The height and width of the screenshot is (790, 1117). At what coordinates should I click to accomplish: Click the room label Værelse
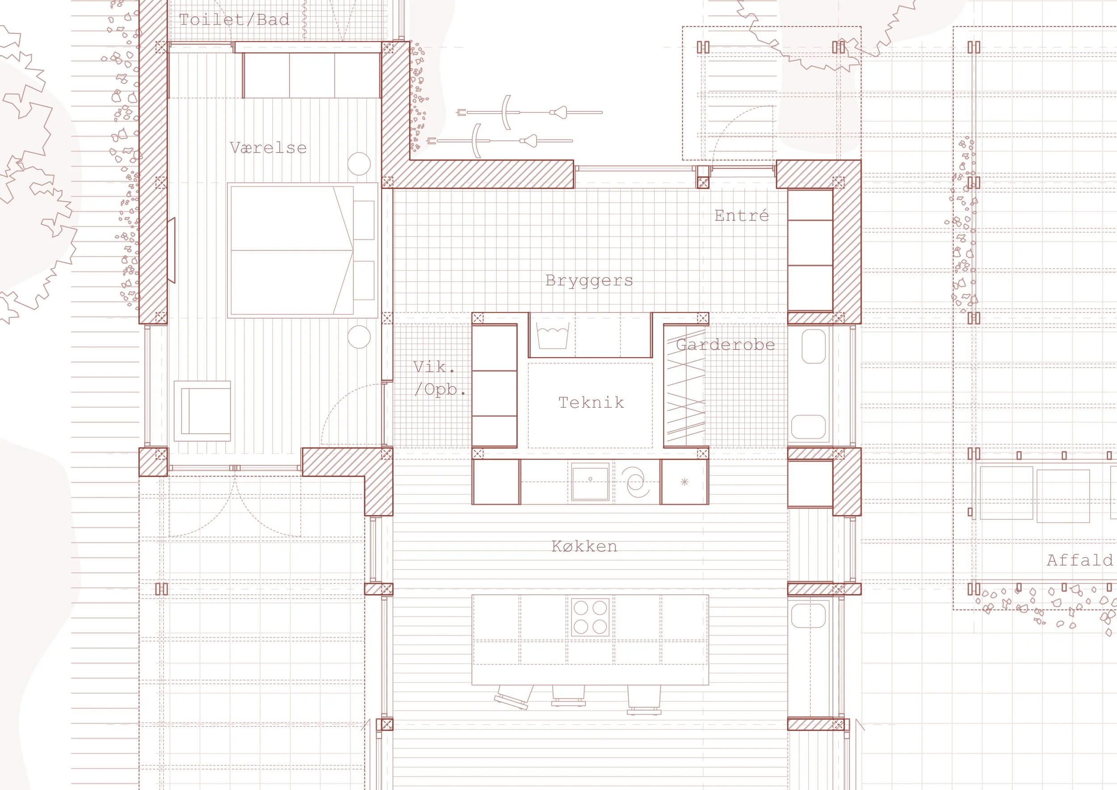(x=268, y=148)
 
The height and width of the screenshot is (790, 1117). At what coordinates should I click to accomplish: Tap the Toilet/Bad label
(x=234, y=20)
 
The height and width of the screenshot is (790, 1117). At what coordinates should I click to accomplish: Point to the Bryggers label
(x=589, y=281)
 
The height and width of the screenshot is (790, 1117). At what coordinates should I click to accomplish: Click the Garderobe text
(x=725, y=345)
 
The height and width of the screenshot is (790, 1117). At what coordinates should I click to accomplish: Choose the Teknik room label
(x=591, y=402)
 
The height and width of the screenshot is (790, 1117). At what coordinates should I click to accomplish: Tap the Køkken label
(x=584, y=546)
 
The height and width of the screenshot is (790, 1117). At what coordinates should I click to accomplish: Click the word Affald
(x=1079, y=560)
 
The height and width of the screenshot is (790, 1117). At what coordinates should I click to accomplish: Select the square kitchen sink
(x=590, y=482)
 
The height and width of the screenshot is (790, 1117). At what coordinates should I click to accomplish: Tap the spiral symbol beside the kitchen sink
(x=636, y=482)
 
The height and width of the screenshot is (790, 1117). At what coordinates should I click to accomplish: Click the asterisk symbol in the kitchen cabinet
(x=684, y=482)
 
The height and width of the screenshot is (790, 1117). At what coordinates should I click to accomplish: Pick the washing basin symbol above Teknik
(x=552, y=335)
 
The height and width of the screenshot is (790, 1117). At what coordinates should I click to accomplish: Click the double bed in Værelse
(x=302, y=251)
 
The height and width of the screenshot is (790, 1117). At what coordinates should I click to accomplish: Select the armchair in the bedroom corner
(x=202, y=411)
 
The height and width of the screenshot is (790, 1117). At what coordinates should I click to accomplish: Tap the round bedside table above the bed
(x=359, y=164)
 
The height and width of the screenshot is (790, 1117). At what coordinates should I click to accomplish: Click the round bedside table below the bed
(x=359, y=337)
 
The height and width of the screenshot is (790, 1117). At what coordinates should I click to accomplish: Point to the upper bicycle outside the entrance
(x=529, y=112)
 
